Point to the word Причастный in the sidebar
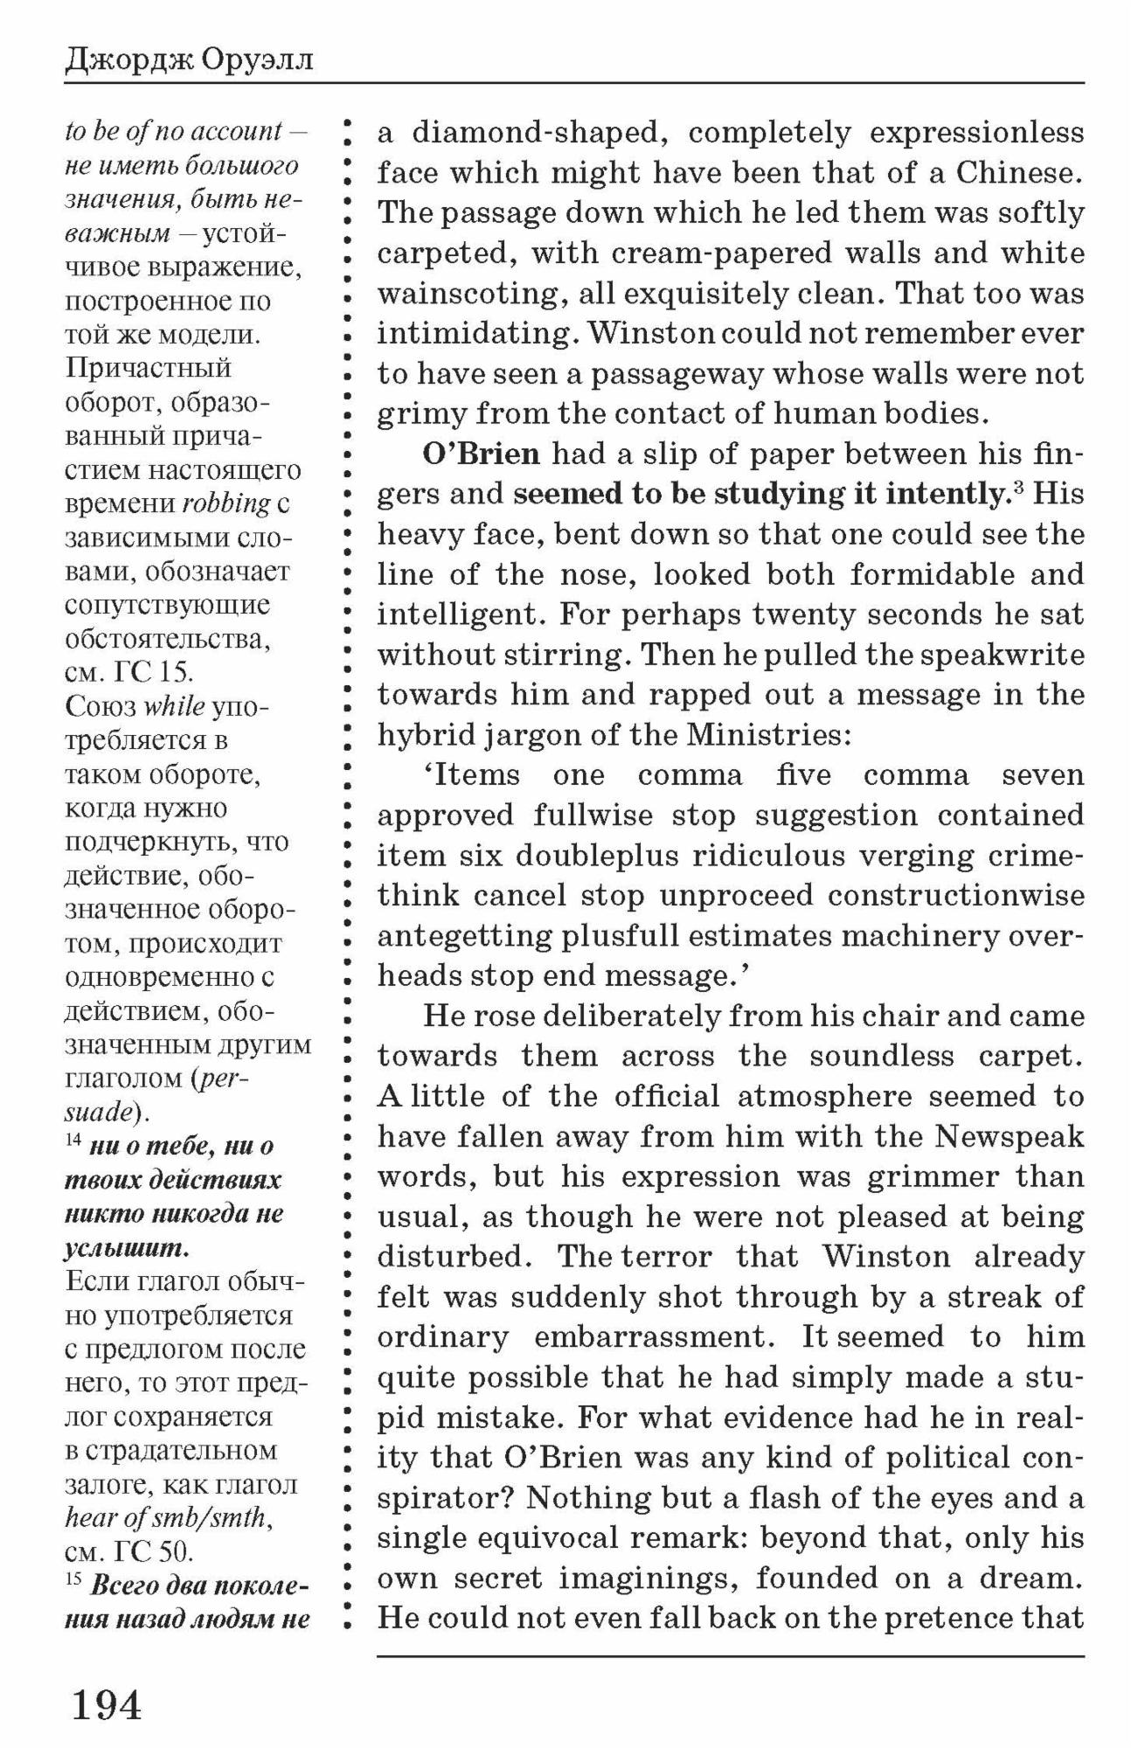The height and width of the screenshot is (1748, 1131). click(148, 368)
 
